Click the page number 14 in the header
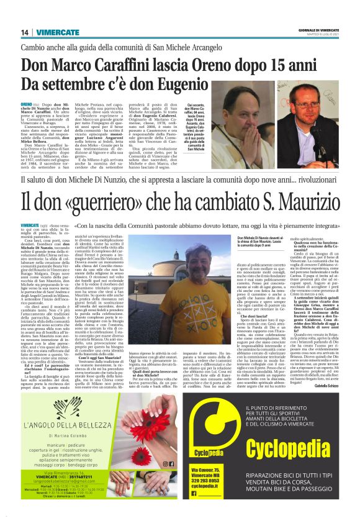[25, 32]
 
